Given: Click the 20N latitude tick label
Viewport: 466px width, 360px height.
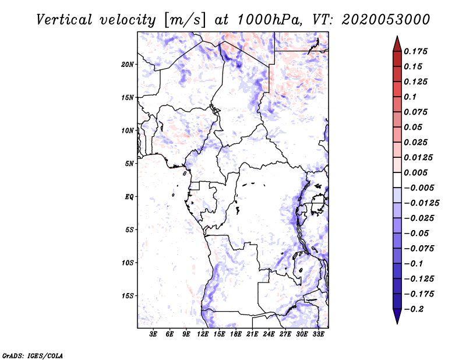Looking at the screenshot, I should (128, 64).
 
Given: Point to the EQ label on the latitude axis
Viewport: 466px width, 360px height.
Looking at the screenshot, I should (129, 197).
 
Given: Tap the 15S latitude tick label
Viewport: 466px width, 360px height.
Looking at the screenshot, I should (128, 296).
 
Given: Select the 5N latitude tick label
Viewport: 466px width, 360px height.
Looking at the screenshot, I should (129, 164).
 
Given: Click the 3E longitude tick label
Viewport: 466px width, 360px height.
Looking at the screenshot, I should (154, 334).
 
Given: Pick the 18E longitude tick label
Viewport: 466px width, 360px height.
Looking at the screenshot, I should (236, 334).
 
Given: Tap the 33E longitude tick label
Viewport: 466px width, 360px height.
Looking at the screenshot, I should (319, 334).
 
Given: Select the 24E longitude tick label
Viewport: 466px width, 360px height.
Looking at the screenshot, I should (269, 334).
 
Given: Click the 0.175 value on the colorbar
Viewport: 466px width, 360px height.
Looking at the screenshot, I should (416, 51).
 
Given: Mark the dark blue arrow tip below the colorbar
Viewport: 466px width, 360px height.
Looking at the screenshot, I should (397, 317).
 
